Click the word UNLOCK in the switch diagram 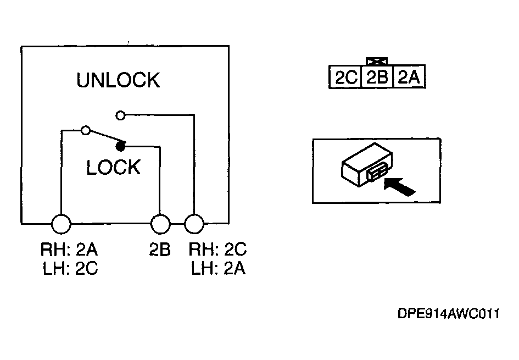[118, 80]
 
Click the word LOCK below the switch [114, 167]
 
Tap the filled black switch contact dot [121, 146]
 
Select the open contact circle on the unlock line [120, 115]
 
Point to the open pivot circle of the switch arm [86, 130]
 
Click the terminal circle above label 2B [160, 224]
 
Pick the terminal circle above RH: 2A [61, 224]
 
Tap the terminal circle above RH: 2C [194, 224]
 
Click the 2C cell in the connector [346, 77]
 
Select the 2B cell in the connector [377, 77]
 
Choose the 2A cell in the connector [409, 77]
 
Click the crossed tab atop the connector [377, 61]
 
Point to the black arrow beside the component [399, 186]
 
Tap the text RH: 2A [69, 250]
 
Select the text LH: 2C [70, 268]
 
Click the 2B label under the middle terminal [160, 250]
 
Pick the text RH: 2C [218, 250]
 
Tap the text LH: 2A [219, 268]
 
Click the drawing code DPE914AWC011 [449, 313]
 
